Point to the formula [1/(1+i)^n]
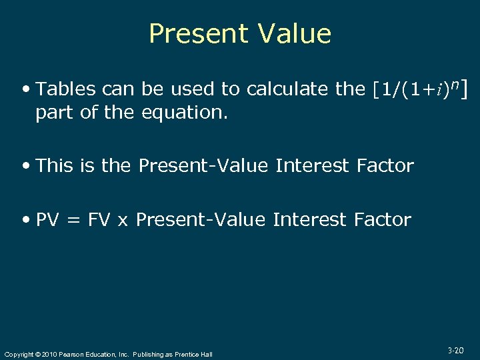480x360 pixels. [419, 89]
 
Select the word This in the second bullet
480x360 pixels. [55, 165]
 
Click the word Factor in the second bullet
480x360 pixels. [384, 165]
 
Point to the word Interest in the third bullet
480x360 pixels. [310, 220]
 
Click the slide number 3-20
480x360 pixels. [456, 349]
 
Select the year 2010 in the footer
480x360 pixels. [49, 354]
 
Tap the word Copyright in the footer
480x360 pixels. [19, 354]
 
